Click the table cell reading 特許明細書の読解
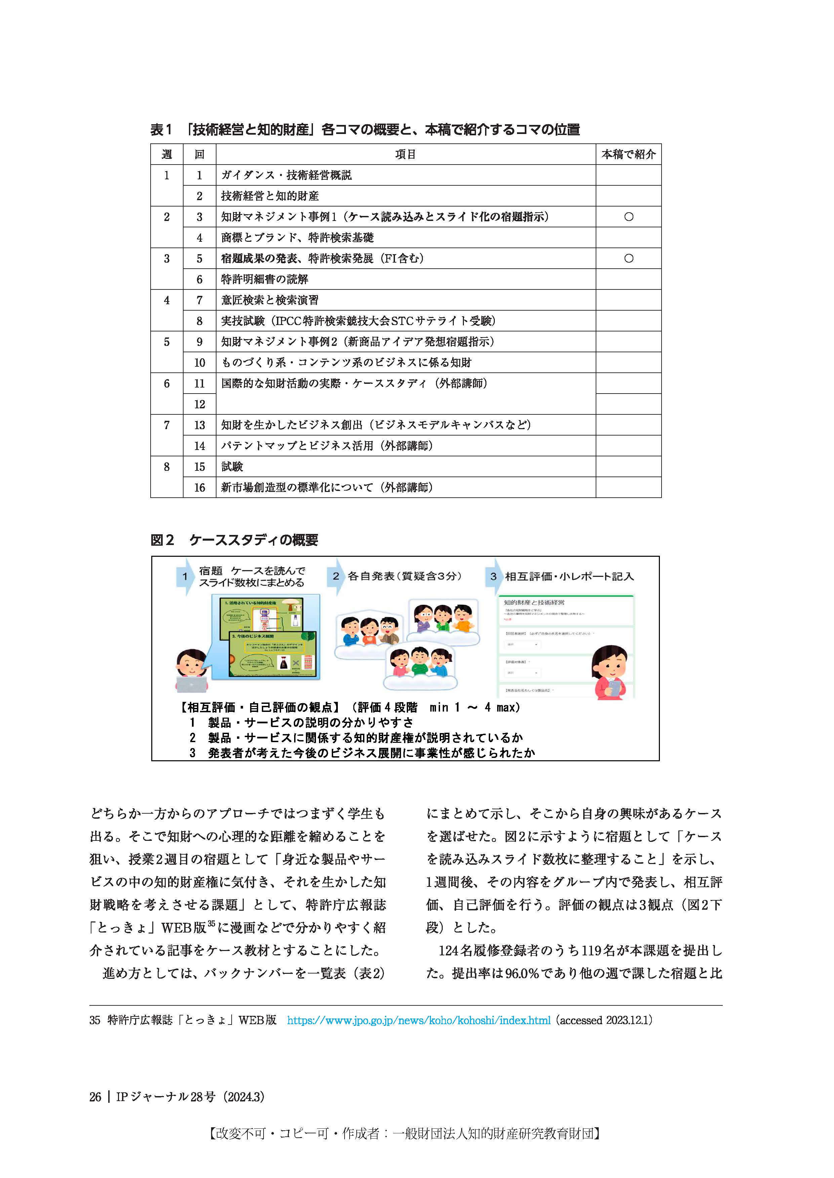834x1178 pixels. tap(265, 279)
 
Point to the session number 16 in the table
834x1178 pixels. tap(199, 487)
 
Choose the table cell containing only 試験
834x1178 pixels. tap(232, 466)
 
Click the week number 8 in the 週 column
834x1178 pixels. tap(166, 467)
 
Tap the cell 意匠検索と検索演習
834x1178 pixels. tap(270, 300)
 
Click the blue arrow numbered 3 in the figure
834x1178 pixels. tap(493, 577)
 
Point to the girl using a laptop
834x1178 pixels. tap(192, 670)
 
